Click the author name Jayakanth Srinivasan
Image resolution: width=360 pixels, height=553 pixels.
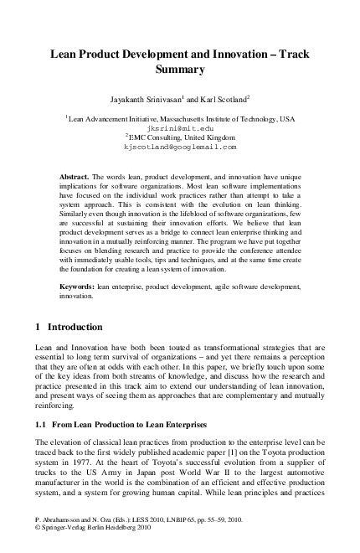148,99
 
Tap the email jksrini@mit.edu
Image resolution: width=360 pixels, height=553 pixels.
179,129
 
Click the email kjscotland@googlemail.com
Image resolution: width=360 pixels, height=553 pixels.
179,146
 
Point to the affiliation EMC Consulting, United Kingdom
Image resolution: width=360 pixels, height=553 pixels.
181,137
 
